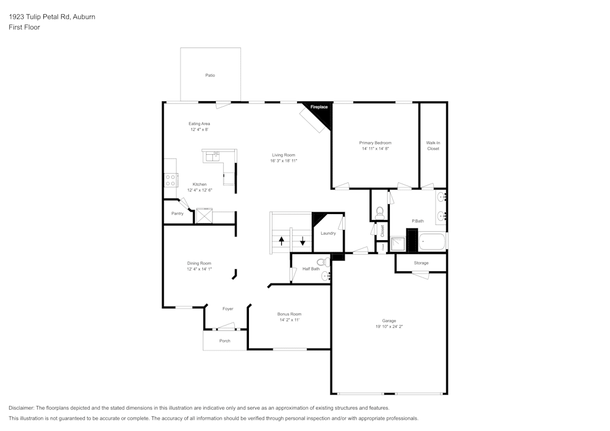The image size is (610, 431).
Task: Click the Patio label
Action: [x=210, y=75]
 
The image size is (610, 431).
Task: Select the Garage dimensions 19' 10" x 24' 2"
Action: [x=389, y=327]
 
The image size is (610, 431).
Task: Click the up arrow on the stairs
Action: [x=281, y=240]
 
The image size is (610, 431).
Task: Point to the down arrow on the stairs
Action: [x=302, y=240]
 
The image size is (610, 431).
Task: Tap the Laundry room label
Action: [x=328, y=233]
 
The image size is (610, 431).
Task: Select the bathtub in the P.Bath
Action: [x=432, y=242]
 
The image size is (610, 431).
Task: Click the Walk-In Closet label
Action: [x=433, y=146]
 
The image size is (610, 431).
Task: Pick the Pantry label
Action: [x=178, y=213]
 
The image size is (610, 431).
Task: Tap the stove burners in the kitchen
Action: [x=170, y=180]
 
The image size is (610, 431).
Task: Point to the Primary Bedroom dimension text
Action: [x=375, y=149]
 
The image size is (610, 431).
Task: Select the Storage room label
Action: [x=421, y=263]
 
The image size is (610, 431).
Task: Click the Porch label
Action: [x=225, y=341]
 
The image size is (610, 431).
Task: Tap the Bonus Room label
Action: [x=290, y=314]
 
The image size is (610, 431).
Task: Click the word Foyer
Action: [x=228, y=309]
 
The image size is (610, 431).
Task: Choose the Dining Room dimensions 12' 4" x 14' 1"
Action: [x=199, y=269]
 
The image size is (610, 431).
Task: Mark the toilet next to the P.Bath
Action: [x=379, y=212]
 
